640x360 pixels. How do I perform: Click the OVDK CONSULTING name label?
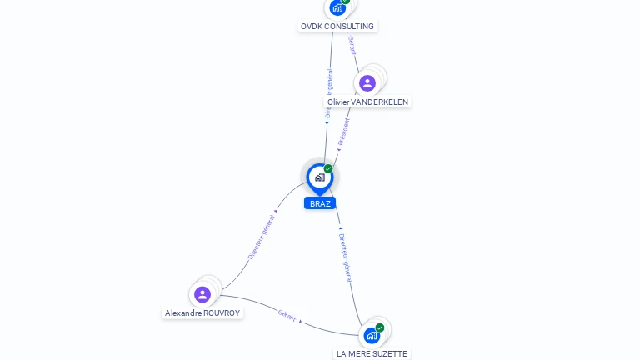[x=337, y=26]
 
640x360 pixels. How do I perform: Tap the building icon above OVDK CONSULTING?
[x=337, y=7]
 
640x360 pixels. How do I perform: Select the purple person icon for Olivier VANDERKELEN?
[x=367, y=83]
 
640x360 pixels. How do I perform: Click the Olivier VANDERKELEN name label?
[x=367, y=102]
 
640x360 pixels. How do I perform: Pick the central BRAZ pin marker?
[x=319, y=177]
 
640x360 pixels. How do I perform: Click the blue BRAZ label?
[x=320, y=203]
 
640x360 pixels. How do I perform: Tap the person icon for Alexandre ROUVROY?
[x=202, y=294]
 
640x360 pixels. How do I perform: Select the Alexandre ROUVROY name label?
[x=202, y=313]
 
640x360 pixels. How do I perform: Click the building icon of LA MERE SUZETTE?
[x=372, y=335]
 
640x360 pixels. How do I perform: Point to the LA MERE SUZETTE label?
[x=372, y=353]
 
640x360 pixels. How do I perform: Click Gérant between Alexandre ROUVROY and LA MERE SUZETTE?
[x=287, y=315]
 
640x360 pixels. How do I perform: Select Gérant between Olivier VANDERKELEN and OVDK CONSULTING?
[x=352, y=45]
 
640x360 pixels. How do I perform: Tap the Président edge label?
[x=344, y=132]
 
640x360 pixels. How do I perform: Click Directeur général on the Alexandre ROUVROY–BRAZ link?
[x=261, y=237]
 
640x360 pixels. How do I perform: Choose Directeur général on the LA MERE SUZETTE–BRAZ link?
[x=346, y=257]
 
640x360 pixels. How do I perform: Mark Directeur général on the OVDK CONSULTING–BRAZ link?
[x=329, y=92]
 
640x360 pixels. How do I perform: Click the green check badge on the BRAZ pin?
[x=328, y=169]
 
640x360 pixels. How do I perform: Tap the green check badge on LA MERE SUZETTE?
[x=380, y=327]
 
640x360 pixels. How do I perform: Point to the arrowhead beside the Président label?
[x=338, y=150]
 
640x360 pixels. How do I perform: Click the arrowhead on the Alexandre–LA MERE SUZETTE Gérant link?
[x=301, y=321]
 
